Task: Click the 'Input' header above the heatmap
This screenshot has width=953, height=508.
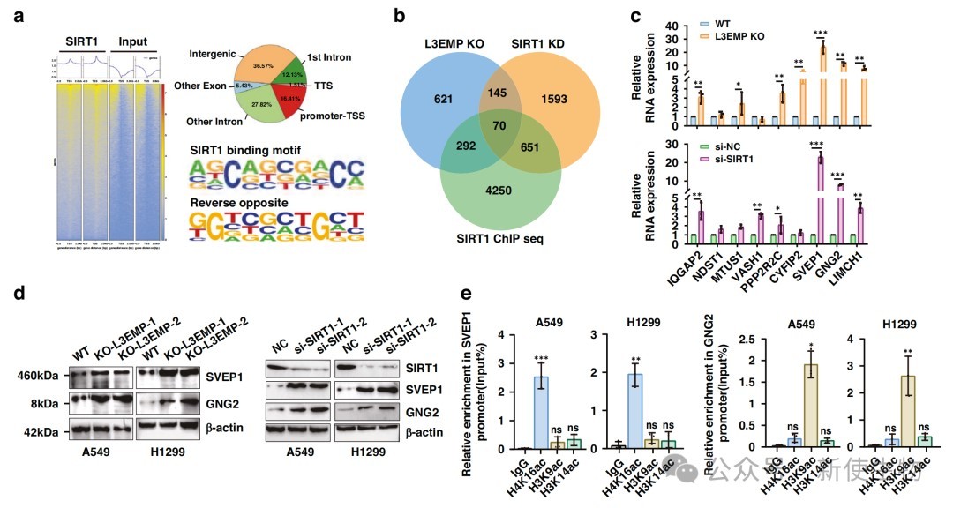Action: [x=133, y=41]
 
